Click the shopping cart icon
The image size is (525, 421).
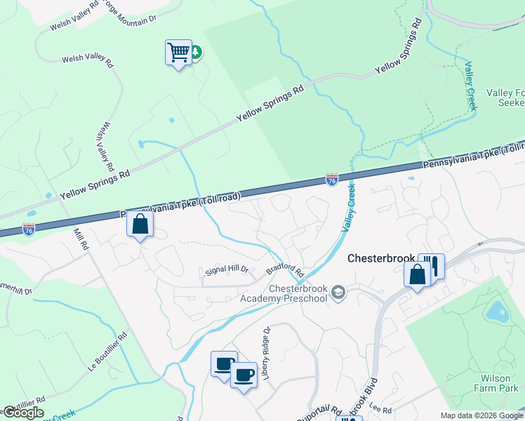178,53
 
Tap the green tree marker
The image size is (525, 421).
197,51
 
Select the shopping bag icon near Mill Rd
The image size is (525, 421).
140,225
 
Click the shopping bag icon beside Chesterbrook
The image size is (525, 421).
417,274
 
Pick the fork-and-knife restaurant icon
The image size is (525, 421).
433,265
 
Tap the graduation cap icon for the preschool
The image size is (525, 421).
339,292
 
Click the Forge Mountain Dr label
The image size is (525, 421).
128,17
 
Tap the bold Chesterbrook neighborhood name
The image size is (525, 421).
381,258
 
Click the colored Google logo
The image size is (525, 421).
23,413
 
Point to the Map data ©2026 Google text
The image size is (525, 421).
482,415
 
